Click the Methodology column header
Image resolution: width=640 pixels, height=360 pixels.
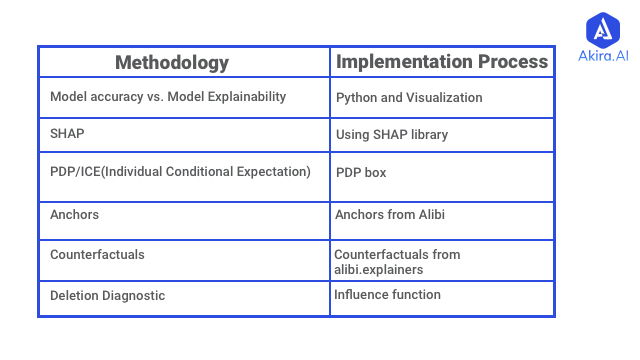(172, 62)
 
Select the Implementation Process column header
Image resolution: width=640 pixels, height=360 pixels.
(442, 61)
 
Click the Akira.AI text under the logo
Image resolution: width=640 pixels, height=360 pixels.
(603, 56)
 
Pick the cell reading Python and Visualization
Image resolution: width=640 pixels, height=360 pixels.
(409, 98)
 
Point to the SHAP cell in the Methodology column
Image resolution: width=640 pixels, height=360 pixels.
(67, 134)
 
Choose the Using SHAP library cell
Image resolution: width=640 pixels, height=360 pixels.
(392, 135)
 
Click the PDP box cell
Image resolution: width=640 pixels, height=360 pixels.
(361, 172)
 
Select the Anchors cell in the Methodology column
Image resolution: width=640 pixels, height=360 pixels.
(74, 214)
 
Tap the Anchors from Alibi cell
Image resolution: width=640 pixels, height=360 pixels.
(389, 214)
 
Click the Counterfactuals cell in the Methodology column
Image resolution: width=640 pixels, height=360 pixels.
(97, 255)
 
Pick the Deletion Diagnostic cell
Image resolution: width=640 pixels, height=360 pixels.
(107, 295)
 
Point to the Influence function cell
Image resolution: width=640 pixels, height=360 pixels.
(387, 294)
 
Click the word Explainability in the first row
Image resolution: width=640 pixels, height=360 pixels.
(245, 97)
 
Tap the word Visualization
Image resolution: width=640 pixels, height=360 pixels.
(445, 98)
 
